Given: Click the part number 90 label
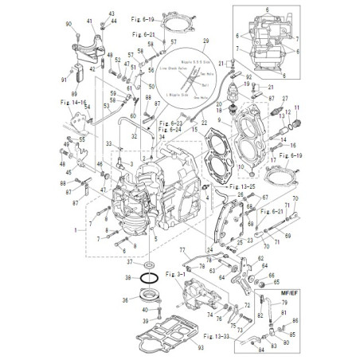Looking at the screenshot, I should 68,25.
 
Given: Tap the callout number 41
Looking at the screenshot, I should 89,20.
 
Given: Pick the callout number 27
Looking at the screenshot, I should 284,97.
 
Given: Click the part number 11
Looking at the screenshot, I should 297,107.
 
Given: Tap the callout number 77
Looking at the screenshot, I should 182,249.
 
